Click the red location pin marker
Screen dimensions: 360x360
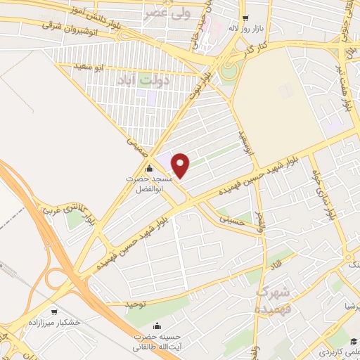[181, 165]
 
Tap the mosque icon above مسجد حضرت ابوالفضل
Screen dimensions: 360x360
[148, 169]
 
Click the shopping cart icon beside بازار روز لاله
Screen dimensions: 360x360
[244, 19]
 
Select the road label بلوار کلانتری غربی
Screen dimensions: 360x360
[63, 204]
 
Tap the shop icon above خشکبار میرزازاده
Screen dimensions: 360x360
[53, 310]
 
